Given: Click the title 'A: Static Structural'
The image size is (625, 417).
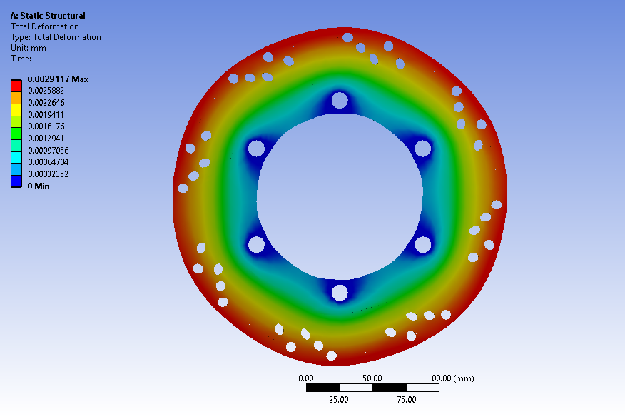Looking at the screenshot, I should pos(48,16).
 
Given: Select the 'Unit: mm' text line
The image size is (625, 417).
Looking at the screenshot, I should pos(29,48).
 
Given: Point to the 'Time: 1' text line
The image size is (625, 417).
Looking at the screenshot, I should pos(24,59).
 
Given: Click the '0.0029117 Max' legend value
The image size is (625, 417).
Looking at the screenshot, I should pos(58,79).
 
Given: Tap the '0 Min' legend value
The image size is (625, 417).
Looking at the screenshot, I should pos(39,186).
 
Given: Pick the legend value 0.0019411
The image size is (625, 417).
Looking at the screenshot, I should pos(46,114).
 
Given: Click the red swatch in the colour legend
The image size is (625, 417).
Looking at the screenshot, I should pos(16,85).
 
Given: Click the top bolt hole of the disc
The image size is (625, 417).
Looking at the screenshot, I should pos(340,100).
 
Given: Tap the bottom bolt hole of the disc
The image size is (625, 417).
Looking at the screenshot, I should pos(340,293).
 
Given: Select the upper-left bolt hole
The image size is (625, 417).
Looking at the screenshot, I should pos(256,149).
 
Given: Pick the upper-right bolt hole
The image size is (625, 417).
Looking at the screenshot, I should pos(422,149).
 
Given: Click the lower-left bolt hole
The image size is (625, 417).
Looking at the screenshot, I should pos(256,244).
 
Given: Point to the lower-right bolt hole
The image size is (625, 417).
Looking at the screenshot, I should pos(422,244).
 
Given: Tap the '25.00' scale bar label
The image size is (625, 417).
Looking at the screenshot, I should pos(339,400).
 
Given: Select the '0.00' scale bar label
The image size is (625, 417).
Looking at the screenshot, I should pos(306,378).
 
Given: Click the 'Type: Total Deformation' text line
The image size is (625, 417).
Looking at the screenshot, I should pos(56,37).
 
